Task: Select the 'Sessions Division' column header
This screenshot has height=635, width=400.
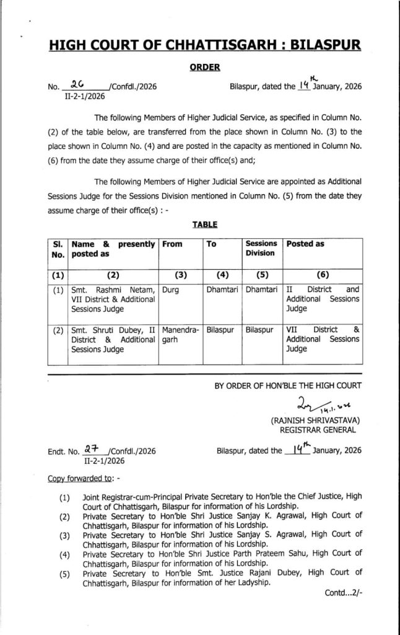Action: (x=261, y=249)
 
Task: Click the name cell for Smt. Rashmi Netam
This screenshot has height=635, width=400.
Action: (x=113, y=298)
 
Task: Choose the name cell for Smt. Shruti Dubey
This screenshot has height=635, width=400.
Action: (x=113, y=339)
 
